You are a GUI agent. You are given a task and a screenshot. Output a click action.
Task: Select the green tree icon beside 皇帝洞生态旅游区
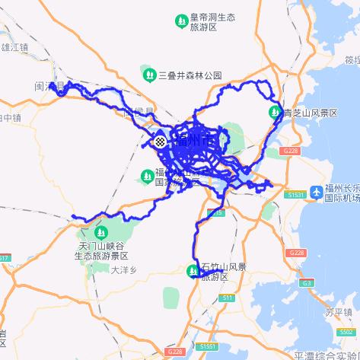click(x=181, y=20)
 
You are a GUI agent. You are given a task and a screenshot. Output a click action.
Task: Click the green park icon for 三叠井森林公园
click(x=148, y=75)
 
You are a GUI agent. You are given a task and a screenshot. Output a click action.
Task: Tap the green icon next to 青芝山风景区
click(x=276, y=113)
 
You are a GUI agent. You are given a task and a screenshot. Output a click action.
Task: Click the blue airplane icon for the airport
click(x=317, y=190)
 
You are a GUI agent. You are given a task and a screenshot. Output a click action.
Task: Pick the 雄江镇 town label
click(x=14, y=46)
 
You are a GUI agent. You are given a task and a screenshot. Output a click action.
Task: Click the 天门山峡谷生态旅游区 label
click(x=104, y=250)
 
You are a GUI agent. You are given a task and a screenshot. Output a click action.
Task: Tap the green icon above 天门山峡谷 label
click(x=100, y=231)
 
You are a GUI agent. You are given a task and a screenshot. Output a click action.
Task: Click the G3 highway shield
click(x=307, y=283)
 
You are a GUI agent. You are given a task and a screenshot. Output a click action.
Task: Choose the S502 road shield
click(x=344, y=333)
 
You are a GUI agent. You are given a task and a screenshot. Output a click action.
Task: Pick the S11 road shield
click(x=228, y=298)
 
